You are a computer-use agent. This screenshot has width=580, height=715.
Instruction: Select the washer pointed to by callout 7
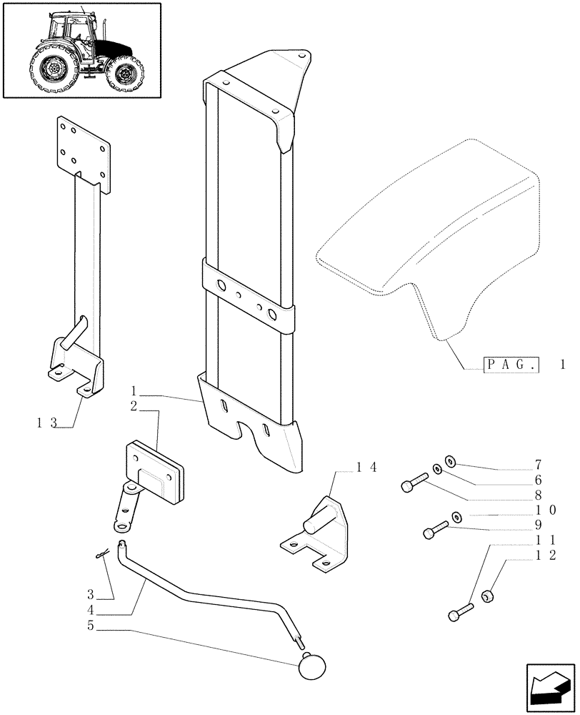tap(451, 461)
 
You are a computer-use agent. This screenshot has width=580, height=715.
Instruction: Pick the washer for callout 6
tap(436, 471)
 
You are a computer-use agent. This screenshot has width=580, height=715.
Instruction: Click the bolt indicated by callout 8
tap(413, 487)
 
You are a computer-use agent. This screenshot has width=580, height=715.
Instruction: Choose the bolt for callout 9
tap(433, 531)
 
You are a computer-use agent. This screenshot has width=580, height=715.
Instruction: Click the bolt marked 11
tap(459, 613)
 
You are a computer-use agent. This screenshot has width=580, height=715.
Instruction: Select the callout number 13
tap(46, 423)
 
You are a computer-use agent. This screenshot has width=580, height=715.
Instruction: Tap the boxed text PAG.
tap(511, 365)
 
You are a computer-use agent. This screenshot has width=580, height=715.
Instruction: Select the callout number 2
tap(134, 406)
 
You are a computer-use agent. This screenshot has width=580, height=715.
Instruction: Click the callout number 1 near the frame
tap(134, 391)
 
